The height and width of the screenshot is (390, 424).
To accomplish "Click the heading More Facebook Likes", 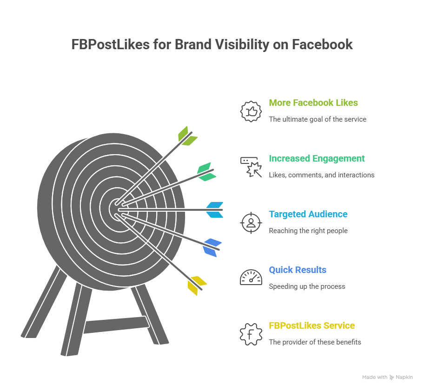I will [313, 103].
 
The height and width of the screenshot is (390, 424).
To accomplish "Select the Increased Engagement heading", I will [317, 158].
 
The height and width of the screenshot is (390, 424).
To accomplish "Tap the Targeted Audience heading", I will [308, 214].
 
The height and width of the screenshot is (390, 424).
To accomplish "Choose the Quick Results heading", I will [298, 270].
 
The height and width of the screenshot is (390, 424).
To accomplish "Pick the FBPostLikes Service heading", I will [311, 325].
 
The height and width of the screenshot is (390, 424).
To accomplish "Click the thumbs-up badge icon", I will [251, 111].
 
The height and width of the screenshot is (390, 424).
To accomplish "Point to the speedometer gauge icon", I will [251, 278].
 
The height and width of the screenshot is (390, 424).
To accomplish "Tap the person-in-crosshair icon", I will [251, 222].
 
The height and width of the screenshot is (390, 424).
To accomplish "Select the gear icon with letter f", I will [251, 334].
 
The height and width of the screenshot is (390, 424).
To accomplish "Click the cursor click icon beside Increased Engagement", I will [251, 167].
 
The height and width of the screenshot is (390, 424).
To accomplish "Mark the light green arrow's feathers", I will [187, 136].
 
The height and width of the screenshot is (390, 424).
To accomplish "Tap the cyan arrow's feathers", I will [215, 210].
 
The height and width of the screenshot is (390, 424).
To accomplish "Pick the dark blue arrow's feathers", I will [212, 247].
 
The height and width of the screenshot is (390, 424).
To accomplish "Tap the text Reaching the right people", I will [308, 231].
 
